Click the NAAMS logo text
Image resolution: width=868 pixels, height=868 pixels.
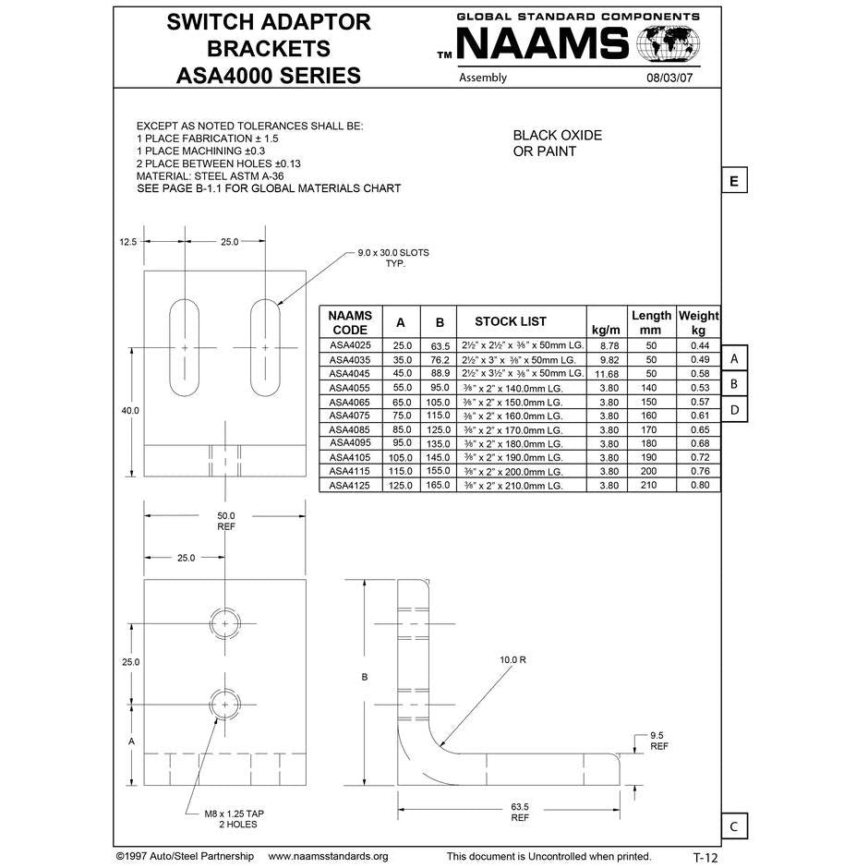(x=543, y=43)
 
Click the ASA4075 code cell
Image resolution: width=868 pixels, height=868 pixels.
(x=350, y=416)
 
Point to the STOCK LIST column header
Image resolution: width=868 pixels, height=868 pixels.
(x=510, y=321)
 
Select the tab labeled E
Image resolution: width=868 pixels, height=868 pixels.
(x=733, y=181)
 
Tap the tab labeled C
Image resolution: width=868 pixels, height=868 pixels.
(x=733, y=826)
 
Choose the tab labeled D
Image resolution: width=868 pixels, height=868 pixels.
(x=733, y=409)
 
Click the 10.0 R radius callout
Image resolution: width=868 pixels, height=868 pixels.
(x=512, y=660)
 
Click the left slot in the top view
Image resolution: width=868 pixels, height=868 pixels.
(x=185, y=347)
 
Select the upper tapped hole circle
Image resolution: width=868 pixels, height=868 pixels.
(x=224, y=623)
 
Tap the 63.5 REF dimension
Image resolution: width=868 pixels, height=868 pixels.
(x=520, y=812)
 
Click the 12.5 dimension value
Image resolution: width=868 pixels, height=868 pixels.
(x=127, y=241)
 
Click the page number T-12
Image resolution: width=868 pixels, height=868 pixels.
(x=705, y=857)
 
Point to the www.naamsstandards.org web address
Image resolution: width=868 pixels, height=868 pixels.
(x=328, y=856)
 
